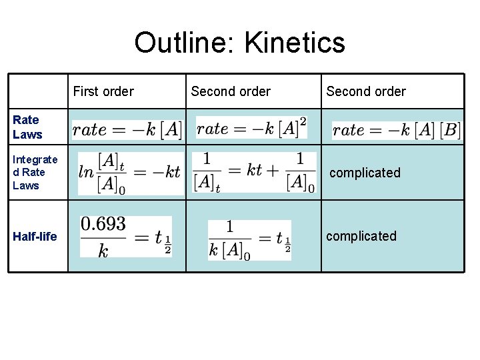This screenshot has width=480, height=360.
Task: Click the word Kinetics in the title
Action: click(x=295, y=43)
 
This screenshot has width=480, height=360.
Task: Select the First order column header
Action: click(x=103, y=91)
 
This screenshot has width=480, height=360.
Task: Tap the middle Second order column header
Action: click(x=231, y=91)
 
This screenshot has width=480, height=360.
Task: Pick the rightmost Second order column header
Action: click(x=366, y=91)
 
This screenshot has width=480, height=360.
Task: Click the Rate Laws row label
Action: click(x=27, y=127)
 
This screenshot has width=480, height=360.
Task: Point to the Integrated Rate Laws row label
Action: click(x=35, y=172)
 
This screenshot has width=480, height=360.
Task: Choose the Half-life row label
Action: click(x=35, y=236)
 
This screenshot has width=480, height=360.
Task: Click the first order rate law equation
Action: click(x=127, y=129)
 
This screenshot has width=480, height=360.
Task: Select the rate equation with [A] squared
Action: click(x=252, y=128)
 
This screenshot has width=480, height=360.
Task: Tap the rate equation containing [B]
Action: click(x=396, y=130)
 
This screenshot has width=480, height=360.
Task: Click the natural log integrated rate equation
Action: click(x=129, y=172)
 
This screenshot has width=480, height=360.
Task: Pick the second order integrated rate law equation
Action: click(x=254, y=172)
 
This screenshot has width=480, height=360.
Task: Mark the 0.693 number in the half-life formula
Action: click(x=103, y=225)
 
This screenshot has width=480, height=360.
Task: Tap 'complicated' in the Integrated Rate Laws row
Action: click(x=365, y=173)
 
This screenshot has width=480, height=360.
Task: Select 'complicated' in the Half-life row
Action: click(x=361, y=236)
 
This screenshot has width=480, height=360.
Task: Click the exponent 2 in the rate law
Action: click(x=303, y=121)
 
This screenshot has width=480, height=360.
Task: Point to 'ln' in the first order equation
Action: click(x=86, y=172)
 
